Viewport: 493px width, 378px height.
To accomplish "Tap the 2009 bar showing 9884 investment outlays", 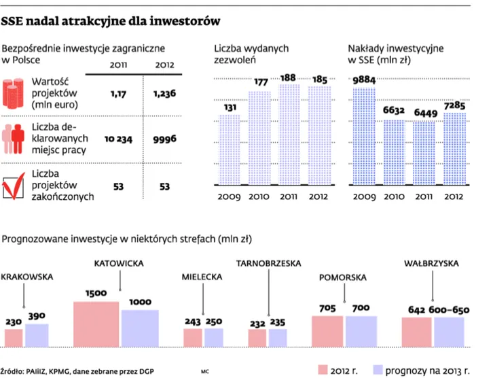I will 364,137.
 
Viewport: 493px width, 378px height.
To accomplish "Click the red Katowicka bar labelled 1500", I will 96,324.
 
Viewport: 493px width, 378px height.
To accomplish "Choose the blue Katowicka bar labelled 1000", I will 140,328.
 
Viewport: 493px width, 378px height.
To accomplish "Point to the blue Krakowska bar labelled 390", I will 37,335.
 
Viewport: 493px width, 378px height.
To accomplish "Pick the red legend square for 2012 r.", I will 324,370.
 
